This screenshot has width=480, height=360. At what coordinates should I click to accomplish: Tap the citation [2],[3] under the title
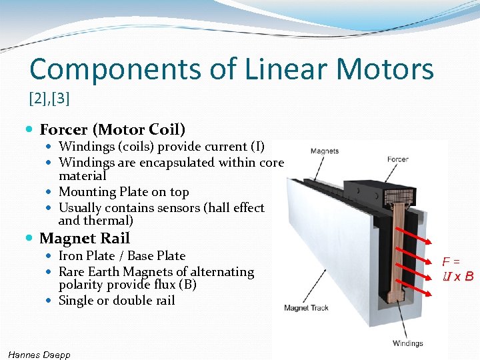pos(49,99)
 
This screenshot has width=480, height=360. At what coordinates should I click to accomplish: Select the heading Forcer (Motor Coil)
pos(112,129)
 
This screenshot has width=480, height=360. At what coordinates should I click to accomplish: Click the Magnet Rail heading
pos(85,238)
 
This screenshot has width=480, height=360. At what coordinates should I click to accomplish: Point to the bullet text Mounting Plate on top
pos(123,192)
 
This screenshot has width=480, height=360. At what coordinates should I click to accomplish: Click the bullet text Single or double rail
pos(117,301)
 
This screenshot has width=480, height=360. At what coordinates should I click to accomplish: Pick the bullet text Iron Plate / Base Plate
pos(122,256)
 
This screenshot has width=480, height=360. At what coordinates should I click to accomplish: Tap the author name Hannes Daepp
pos(39,354)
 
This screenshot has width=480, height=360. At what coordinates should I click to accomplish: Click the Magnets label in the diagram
pos(324,151)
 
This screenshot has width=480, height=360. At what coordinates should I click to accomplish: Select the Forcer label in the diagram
pos(397,159)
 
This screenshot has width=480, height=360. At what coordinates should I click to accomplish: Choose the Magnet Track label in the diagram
pos(306,308)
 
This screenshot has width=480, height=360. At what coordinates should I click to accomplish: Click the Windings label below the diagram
pos(407,343)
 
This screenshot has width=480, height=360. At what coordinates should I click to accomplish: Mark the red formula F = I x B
pos(458,269)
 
